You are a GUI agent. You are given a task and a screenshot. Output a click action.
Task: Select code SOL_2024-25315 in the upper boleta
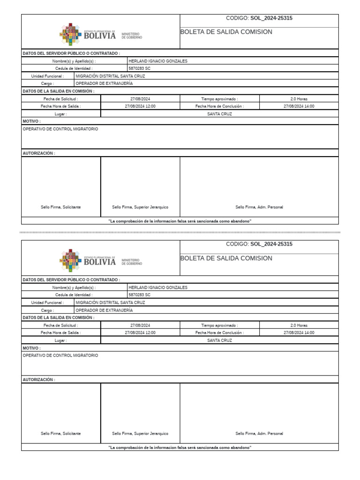point(271,18)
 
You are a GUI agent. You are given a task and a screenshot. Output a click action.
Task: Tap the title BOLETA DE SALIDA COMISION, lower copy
point(226,258)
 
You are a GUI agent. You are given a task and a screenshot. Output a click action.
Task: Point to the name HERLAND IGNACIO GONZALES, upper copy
point(158,61)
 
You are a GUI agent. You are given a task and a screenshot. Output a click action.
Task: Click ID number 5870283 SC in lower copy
point(140,295)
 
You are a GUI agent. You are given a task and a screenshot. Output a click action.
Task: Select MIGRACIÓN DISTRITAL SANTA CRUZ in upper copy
point(110,76)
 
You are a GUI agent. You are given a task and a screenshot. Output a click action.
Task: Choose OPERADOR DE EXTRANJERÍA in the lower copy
point(104,310)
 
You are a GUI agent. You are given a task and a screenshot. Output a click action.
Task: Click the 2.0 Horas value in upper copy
point(299,99)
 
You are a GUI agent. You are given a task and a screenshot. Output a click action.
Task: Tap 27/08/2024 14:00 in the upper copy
point(299,106)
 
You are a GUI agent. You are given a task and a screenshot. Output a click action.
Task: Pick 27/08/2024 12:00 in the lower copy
point(140,332)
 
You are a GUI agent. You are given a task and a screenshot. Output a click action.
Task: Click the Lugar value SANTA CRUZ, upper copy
point(219,114)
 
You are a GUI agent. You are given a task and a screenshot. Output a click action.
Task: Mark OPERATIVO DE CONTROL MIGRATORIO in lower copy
point(60,356)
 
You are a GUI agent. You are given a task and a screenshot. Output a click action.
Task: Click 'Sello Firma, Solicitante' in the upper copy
point(60,207)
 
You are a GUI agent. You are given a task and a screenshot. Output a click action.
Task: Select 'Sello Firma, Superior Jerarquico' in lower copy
point(140,434)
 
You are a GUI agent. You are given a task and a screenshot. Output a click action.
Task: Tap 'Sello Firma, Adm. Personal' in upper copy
point(259,207)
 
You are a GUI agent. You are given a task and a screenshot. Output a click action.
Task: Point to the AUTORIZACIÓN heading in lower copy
point(39,380)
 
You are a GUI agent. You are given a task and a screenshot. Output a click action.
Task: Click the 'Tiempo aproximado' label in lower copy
point(219,325)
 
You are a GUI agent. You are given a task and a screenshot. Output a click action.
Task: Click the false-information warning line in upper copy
point(180,221)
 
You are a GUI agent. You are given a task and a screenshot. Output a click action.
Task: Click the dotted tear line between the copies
point(180,232)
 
